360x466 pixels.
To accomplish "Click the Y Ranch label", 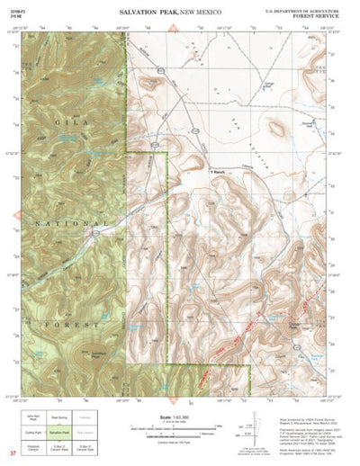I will click(x=218, y=166).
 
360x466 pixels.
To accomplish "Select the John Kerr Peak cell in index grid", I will click(x=33, y=418).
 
